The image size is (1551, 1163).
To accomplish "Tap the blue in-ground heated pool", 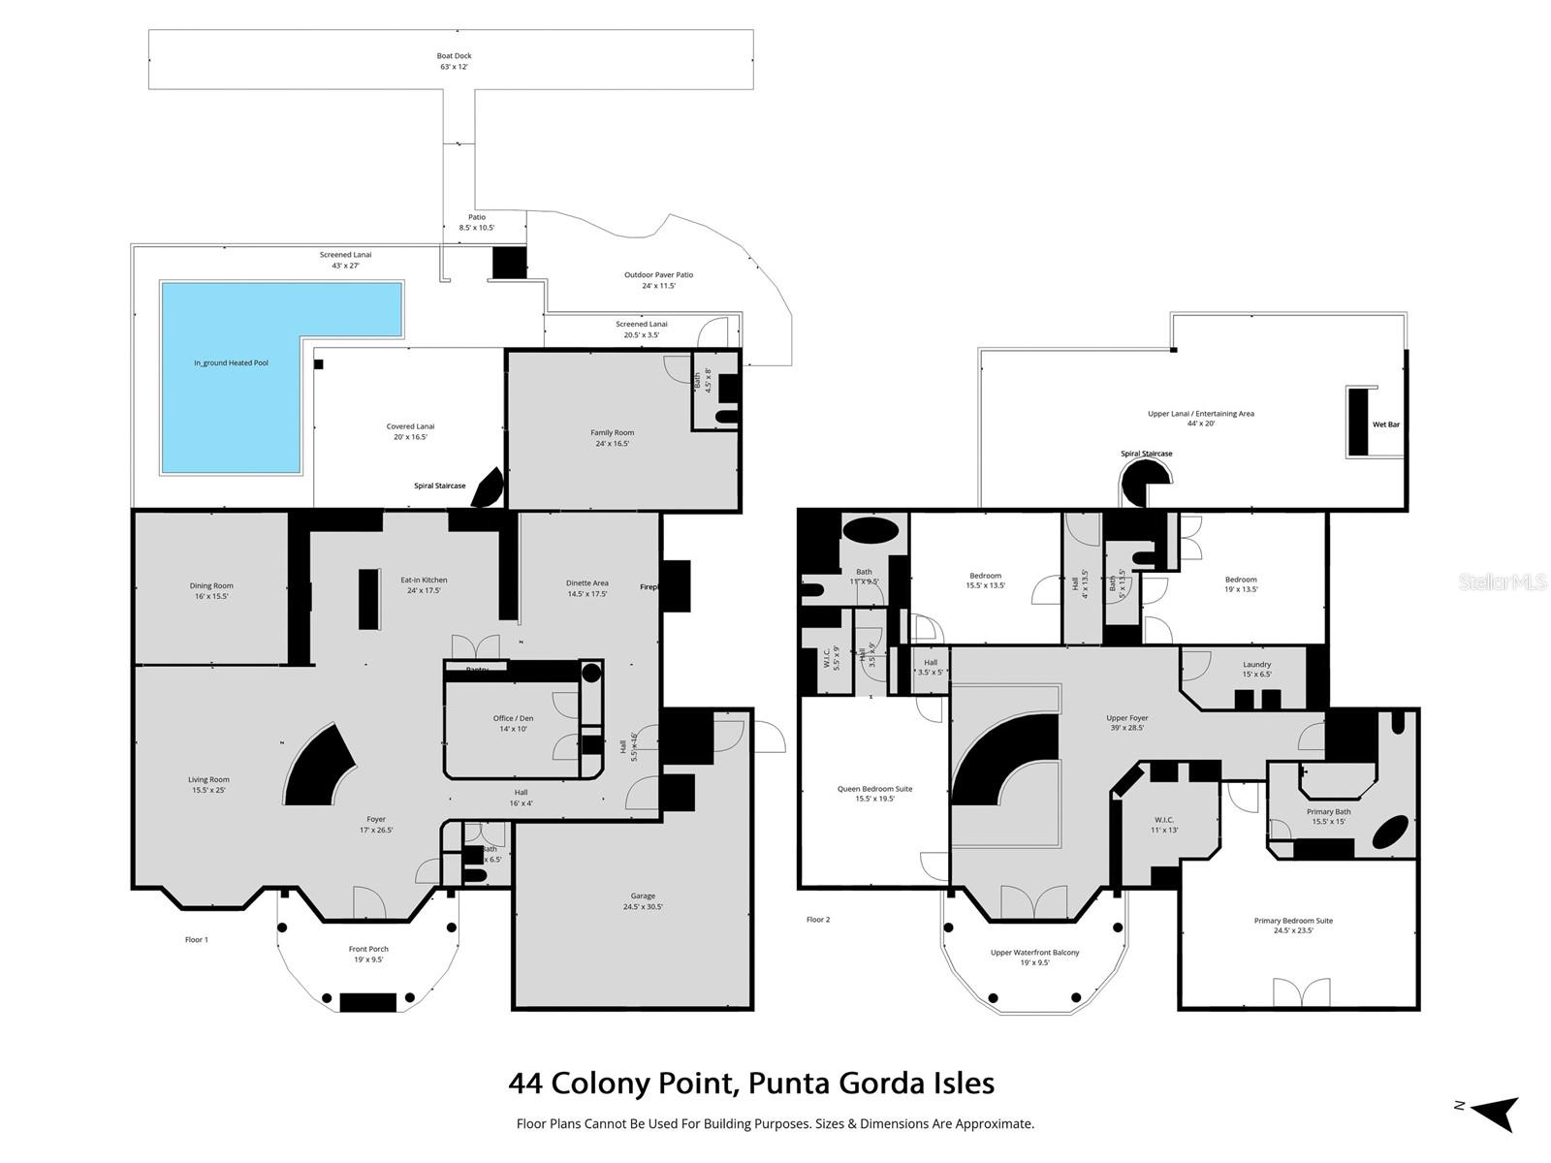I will coord(233,378).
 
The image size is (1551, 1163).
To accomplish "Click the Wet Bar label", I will coord(1385,424).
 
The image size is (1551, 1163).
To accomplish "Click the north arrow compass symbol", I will coord(1493,1113).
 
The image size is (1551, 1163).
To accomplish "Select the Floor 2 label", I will coord(818,919).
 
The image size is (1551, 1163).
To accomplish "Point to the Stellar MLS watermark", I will coord(1503,582).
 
